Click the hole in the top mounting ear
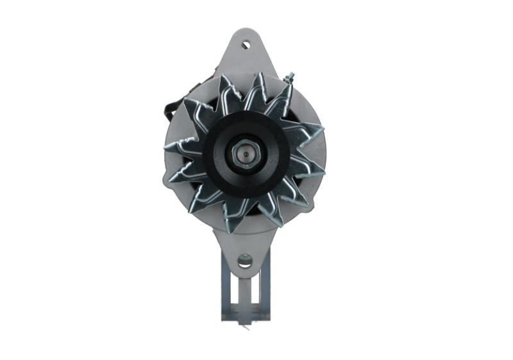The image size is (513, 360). pos(245,45)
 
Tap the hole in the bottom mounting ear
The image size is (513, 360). pos(245,261)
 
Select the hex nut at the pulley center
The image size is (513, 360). pos(244,154)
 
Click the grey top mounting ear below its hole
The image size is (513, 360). pos(245,61)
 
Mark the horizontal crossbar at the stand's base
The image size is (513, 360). pos(246,314)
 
